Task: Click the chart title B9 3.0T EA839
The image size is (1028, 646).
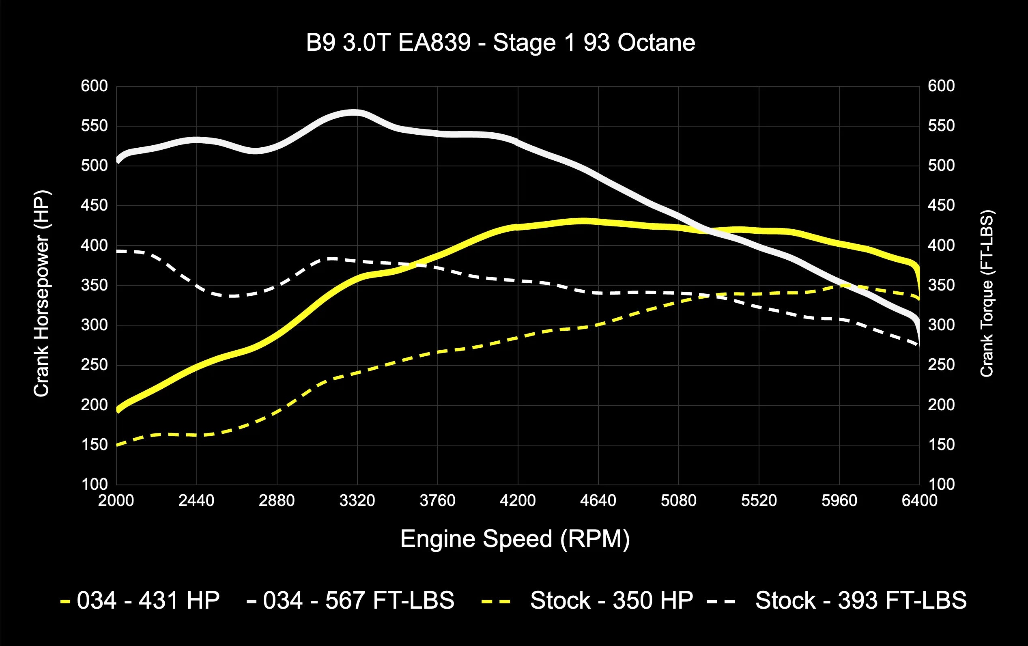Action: pos(500,43)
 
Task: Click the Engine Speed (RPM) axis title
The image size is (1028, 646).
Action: pos(515,539)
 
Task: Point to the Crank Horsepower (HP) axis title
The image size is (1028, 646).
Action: pos(41,294)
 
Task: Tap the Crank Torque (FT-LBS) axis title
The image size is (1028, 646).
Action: pos(987,294)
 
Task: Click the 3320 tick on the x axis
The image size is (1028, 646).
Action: pos(357,500)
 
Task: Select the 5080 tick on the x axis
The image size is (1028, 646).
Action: pos(678,500)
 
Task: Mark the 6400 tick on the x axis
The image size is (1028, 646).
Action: pos(919,500)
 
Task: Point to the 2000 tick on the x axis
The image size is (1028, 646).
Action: pos(116,500)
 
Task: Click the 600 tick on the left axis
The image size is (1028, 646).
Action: pos(95,86)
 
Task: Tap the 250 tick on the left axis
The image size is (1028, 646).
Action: pos(95,365)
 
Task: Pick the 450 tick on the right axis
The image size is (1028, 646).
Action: pos(941,206)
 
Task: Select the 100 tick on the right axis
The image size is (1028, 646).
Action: pos(941,484)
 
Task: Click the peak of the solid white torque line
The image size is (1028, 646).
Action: pos(353,113)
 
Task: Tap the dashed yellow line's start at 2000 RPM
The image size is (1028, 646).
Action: pos(117,445)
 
